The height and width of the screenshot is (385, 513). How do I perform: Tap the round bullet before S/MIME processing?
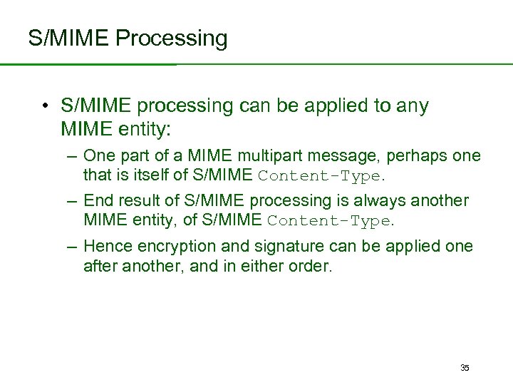(44, 107)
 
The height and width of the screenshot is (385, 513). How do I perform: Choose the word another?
(440, 201)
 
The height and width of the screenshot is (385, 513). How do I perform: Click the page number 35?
(465, 368)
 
